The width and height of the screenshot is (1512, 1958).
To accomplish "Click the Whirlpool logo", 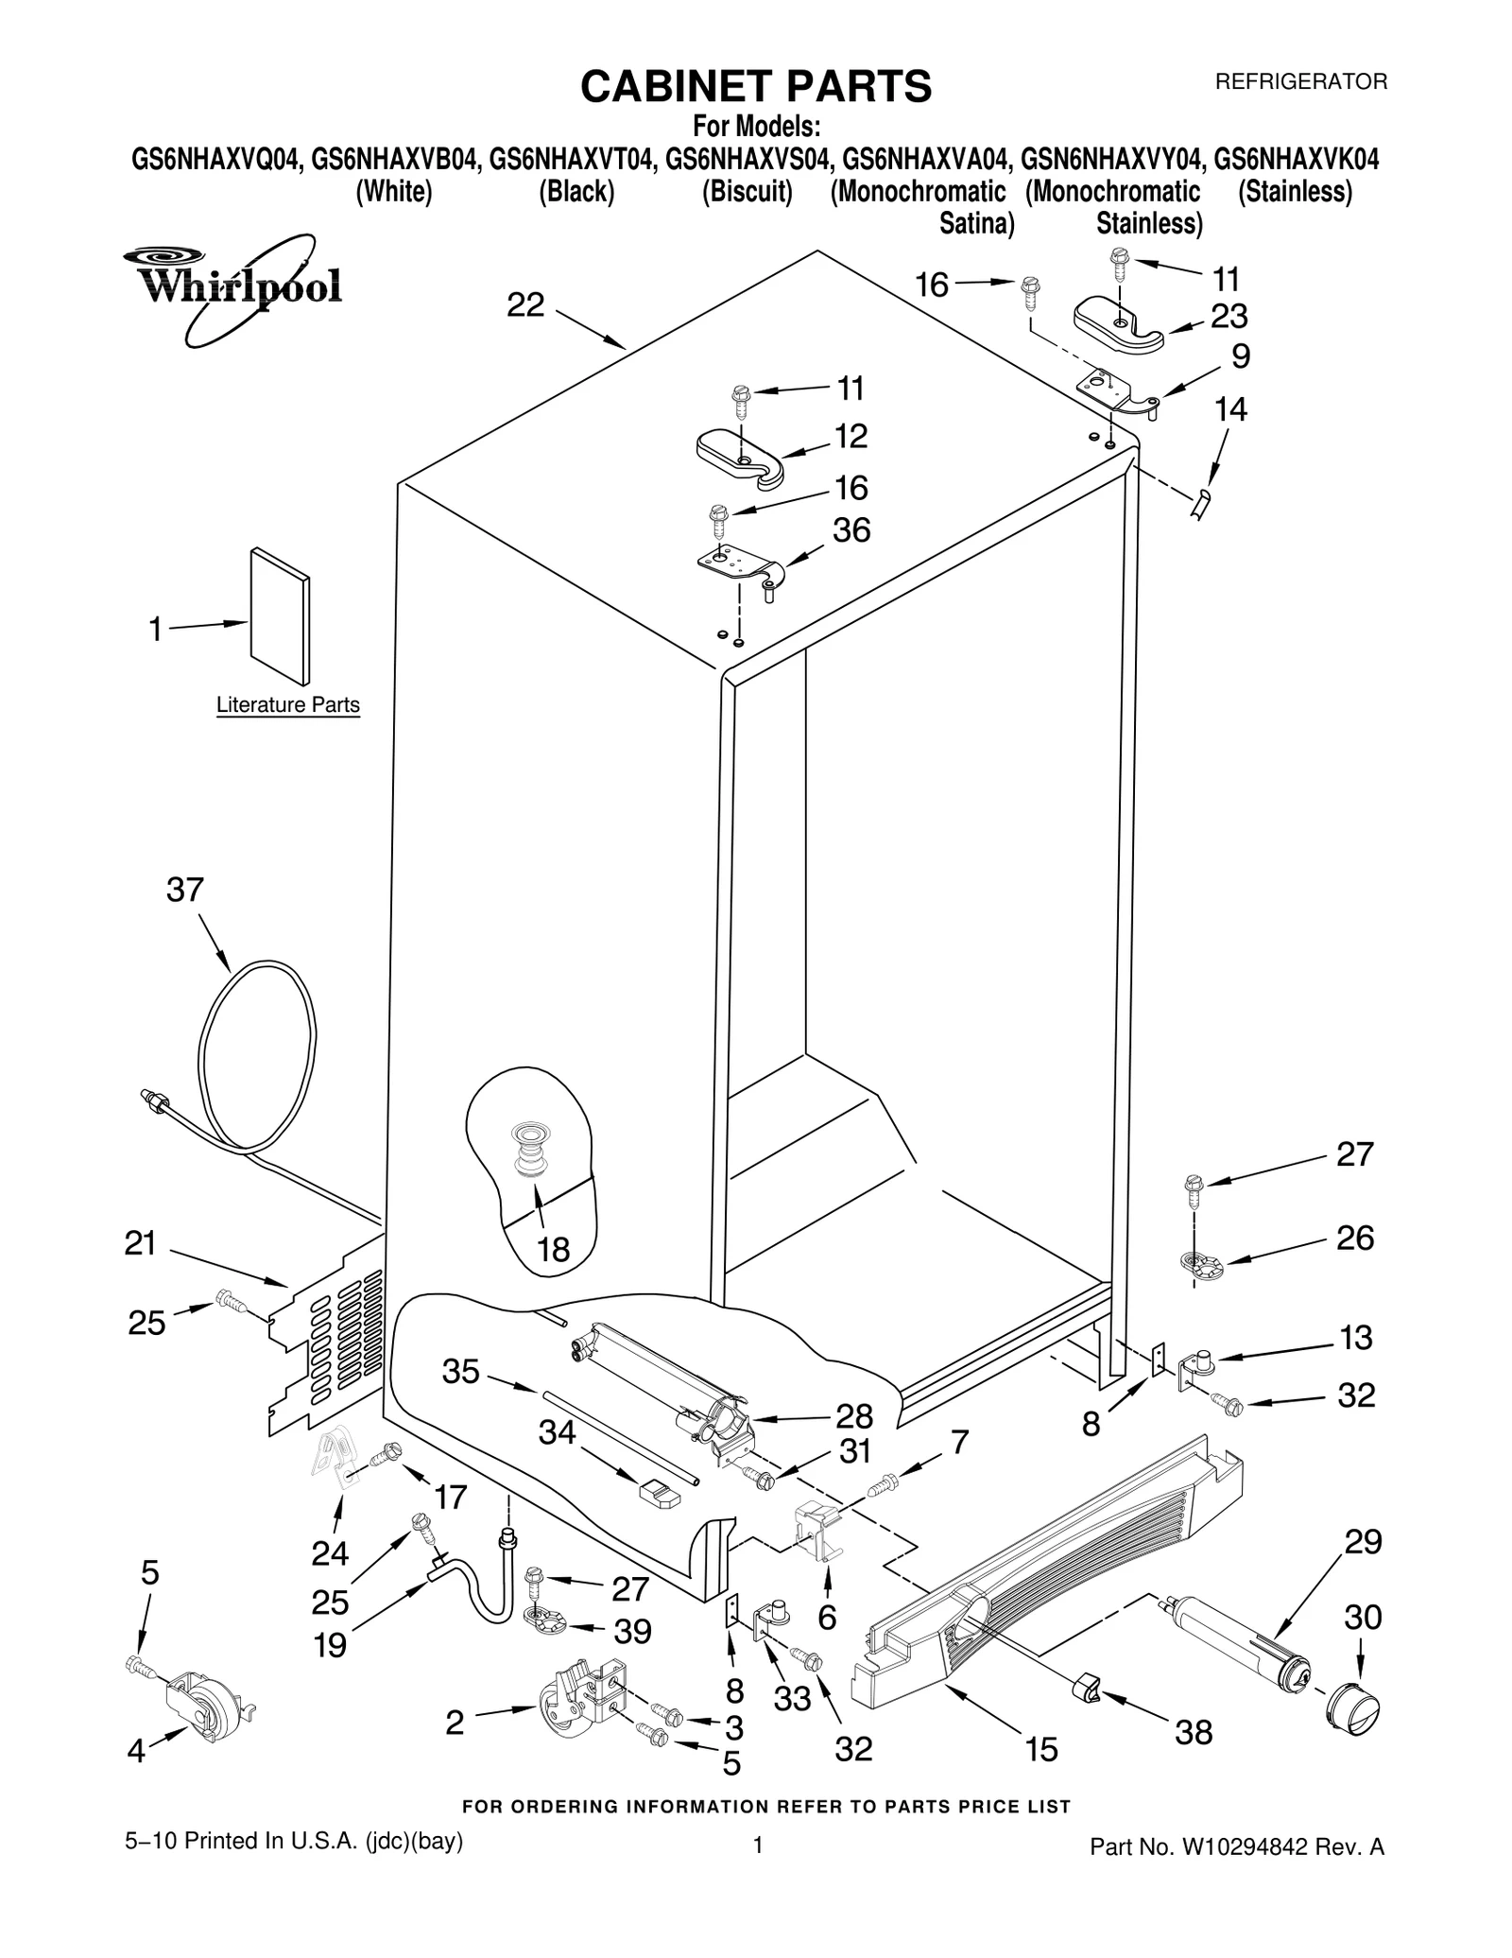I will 232,280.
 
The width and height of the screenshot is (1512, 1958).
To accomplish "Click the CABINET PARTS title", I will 755,86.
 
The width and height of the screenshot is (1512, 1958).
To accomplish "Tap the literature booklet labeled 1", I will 280,615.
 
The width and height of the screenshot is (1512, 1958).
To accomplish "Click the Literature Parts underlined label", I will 287,704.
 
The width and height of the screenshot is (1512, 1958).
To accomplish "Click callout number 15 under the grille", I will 1041,1750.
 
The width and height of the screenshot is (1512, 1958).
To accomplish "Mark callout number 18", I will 554,1250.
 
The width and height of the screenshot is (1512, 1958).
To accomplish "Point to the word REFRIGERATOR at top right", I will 1300,82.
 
